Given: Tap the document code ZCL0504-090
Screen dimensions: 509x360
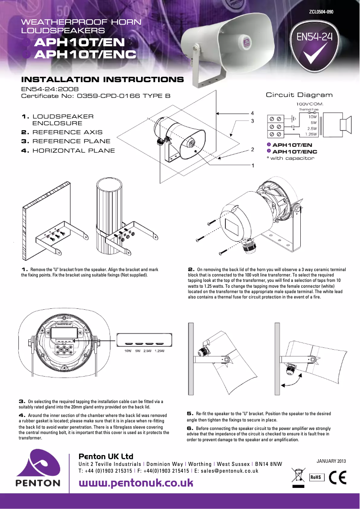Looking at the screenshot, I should click(x=321, y=12).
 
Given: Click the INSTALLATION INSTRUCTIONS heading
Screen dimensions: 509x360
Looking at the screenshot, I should click(x=105, y=80).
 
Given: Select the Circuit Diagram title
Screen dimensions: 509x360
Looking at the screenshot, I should click(x=299, y=95).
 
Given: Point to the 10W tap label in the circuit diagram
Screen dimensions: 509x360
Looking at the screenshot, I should click(x=312, y=116).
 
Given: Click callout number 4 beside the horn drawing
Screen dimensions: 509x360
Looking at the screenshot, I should click(x=253, y=113).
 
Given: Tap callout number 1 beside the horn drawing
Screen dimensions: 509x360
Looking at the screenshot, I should click(x=253, y=166).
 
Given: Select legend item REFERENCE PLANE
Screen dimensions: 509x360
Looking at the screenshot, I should click(x=67, y=141).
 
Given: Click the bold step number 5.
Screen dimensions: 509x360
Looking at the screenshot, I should click(x=189, y=413).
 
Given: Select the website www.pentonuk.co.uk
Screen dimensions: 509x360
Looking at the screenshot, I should click(x=136, y=483).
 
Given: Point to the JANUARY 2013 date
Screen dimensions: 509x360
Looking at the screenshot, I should click(x=331, y=461).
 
